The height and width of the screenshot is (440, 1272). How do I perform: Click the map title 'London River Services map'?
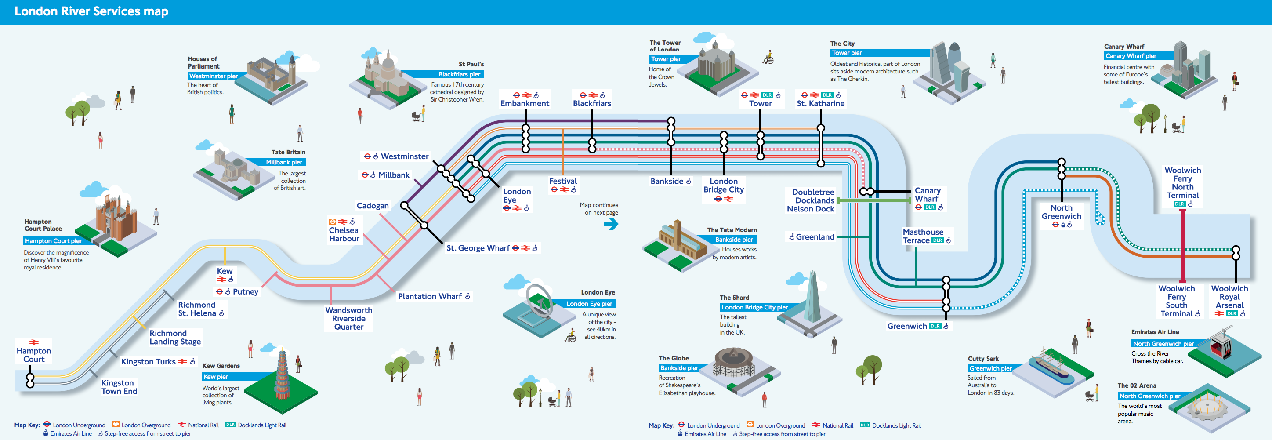pyautogui.click(x=91, y=11)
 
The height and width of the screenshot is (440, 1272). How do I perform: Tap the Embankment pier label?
pyautogui.click(x=525, y=103)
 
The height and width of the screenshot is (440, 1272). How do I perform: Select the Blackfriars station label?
pyautogui.click(x=591, y=103)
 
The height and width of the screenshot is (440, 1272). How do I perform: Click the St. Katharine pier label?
pyautogui.click(x=820, y=103)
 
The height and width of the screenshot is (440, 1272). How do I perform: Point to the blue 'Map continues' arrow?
pyautogui.click(x=611, y=224)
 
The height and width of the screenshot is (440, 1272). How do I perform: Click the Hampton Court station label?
pyautogui.click(x=33, y=355)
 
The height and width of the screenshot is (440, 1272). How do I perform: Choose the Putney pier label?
pyautogui.click(x=245, y=291)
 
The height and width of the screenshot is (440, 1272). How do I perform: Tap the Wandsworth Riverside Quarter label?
pyautogui.click(x=348, y=319)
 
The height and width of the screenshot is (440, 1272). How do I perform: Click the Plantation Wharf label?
pyautogui.click(x=430, y=296)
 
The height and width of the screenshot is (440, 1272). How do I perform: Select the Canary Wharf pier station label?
pyautogui.click(x=928, y=195)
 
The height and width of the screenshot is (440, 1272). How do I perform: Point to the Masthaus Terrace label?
pyautogui.click(x=922, y=236)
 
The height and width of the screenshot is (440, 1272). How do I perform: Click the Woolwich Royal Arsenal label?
pyautogui.click(x=1229, y=297)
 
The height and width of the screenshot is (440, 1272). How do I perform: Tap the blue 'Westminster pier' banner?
pyautogui.click(x=213, y=76)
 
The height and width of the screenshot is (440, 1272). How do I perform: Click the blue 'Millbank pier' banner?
pyautogui.click(x=283, y=162)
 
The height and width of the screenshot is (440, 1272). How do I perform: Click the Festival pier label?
pyautogui.click(x=563, y=181)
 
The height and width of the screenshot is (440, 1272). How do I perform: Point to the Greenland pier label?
pyautogui.click(x=815, y=237)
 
